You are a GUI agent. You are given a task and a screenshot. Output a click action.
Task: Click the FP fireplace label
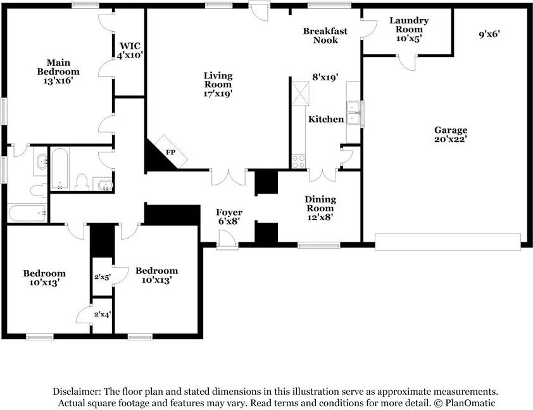171,152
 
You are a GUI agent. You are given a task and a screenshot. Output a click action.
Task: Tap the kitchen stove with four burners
299,161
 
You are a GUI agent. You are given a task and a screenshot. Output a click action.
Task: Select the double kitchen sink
353,113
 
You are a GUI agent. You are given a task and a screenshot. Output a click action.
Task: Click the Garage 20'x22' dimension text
451,139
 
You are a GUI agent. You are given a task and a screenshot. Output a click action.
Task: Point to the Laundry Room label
409,25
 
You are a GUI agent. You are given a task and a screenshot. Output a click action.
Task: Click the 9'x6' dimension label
489,34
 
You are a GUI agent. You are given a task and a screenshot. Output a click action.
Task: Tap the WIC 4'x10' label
130,51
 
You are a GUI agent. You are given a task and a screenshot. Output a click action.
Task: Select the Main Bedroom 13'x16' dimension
58,81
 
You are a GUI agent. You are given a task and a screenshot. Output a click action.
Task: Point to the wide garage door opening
448,242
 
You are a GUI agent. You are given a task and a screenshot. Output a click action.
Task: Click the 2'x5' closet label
103,277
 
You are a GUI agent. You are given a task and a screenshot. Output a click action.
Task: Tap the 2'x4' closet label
103,314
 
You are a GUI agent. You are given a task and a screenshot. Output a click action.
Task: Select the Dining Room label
320,204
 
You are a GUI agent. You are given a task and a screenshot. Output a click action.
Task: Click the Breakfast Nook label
325,35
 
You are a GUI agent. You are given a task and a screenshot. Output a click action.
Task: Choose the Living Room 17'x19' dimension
218,94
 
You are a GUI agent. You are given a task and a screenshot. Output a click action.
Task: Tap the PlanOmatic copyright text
465,403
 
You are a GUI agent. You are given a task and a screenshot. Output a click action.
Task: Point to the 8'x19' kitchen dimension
325,77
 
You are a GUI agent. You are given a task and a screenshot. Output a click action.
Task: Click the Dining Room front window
319,245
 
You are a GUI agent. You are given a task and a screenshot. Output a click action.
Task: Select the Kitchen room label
326,119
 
